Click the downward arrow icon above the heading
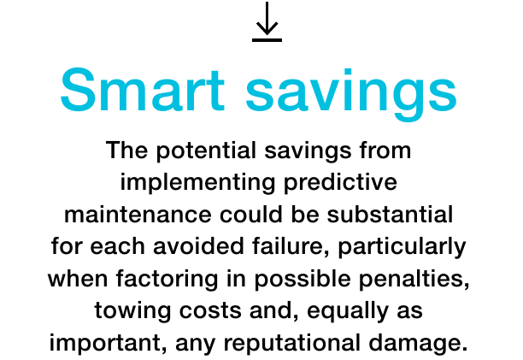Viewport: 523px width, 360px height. point(267,21)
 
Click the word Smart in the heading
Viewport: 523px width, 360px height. point(143,90)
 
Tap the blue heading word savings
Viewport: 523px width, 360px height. point(351,94)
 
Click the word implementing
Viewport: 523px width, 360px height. point(197,183)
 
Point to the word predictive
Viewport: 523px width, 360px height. point(341,183)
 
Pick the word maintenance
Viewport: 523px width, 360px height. point(138,215)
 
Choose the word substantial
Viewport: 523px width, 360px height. point(390,214)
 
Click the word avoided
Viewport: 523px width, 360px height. point(198,246)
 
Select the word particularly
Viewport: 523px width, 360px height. point(402,247)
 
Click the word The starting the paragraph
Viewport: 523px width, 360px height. point(126,150)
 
